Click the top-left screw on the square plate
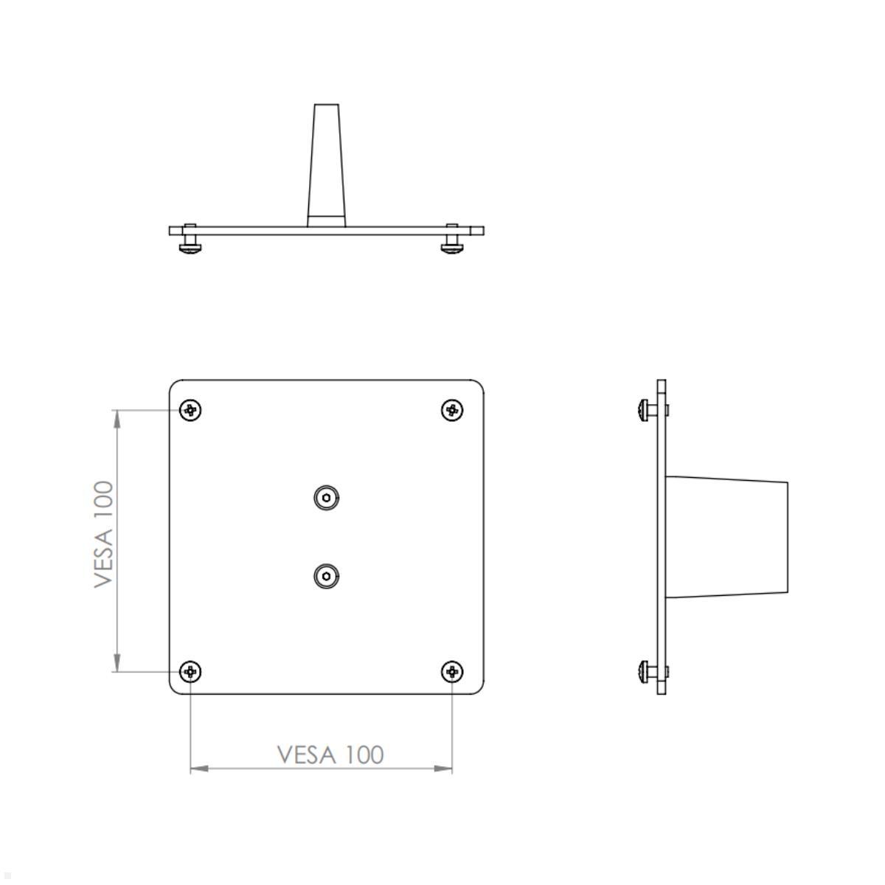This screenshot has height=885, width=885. coord(191,409)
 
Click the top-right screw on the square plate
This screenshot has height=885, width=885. coord(452,409)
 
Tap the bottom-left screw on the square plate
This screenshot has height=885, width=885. coord(191,672)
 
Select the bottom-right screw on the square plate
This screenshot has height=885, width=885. coord(452,672)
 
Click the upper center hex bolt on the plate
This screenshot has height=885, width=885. coord(326,498)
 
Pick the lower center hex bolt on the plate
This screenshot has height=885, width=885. coord(326,576)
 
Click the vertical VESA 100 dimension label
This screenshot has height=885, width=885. coord(104,534)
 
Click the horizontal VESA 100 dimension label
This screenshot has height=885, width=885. coord(330,754)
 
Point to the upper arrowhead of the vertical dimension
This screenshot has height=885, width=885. coord(117,418)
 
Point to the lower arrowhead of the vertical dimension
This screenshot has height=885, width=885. coord(117,663)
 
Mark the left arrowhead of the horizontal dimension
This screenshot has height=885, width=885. coord(200,768)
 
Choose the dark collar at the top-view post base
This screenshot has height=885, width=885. coord(326,220)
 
